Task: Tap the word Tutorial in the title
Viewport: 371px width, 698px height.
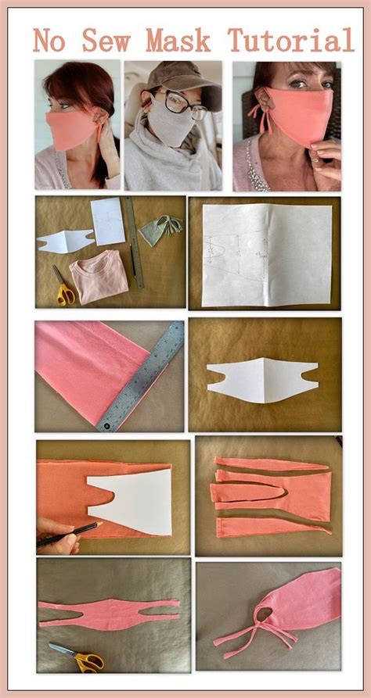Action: pos(290,40)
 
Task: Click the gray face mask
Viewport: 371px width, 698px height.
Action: pos(171,122)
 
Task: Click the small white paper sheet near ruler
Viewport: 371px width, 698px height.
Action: pos(107,221)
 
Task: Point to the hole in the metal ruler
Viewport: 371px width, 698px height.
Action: pos(107,426)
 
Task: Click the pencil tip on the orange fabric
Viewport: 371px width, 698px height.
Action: pos(100,524)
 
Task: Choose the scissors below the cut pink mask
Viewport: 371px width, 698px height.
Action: pos(77,657)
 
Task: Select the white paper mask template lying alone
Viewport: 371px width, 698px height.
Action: pos(263,380)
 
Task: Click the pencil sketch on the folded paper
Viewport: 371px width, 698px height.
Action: pos(236,255)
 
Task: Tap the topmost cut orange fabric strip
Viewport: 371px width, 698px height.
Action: pos(272,464)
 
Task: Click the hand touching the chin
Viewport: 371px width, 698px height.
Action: pos(323,159)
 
